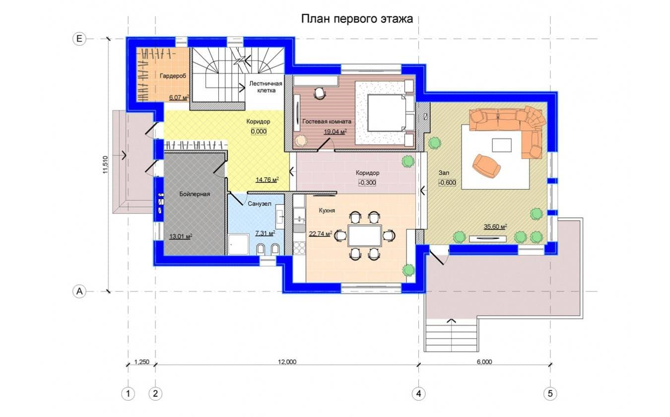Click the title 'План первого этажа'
click(x=357, y=18)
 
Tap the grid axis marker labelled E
click(x=79, y=39)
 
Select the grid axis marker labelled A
click(x=79, y=291)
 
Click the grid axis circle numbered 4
click(x=418, y=394)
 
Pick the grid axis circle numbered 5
click(x=550, y=394)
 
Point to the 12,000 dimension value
click(x=287, y=362)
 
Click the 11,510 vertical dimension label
click(x=105, y=165)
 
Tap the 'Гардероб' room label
click(x=173, y=76)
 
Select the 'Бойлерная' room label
click(x=195, y=194)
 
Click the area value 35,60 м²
click(x=495, y=227)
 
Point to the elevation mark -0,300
click(x=367, y=183)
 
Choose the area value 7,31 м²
click(x=266, y=233)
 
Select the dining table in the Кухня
click(x=365, y=235)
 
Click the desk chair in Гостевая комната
click(x=320, y=93)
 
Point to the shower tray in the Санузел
click(x=238, y=244)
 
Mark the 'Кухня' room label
click(x=327, y=210)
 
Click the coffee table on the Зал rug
click(x=502, y=145)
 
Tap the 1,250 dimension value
click(x=142, y=362)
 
